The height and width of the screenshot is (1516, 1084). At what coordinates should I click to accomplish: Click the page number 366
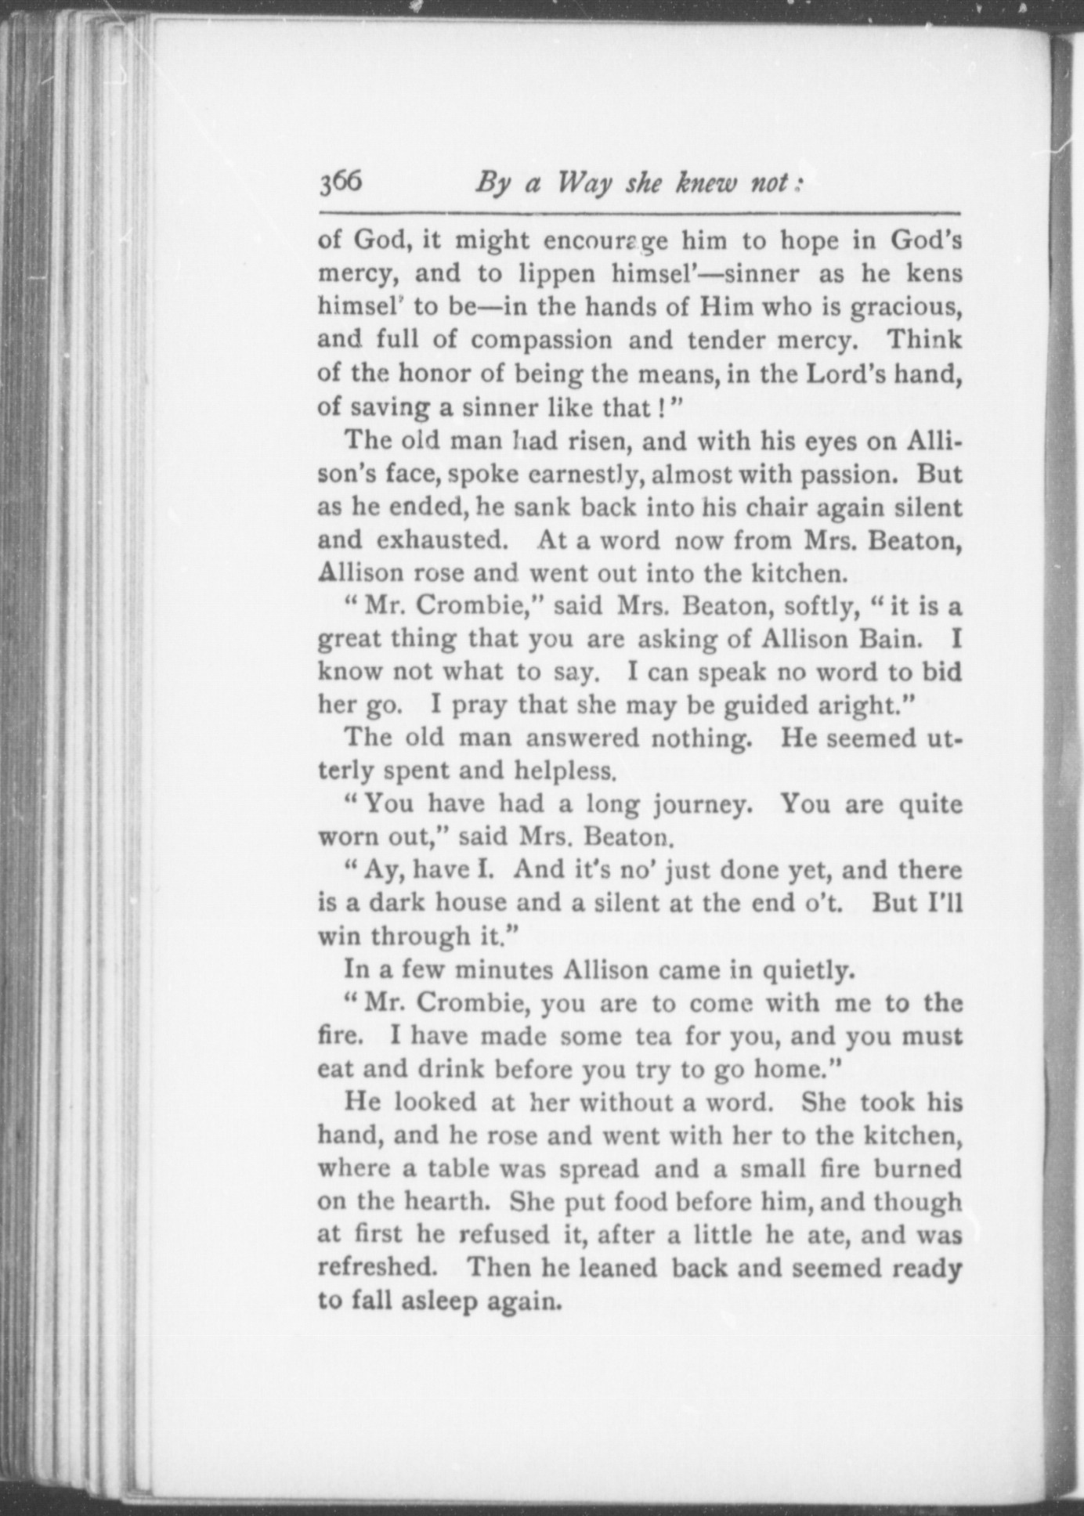[x=341, y=182]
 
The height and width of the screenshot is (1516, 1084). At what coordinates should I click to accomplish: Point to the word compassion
[x=541, y=340]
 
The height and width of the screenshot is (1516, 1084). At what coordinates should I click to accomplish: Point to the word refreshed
[x=378, y=1267]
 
